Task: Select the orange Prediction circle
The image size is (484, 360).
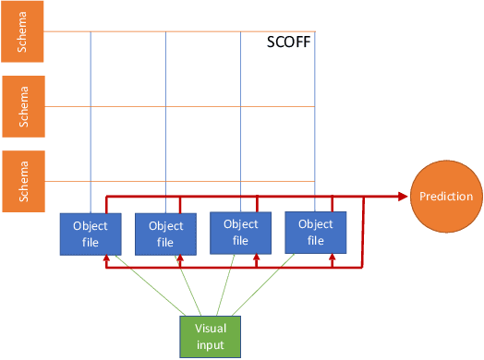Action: [446, 196]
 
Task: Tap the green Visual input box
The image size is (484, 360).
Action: [209, 336]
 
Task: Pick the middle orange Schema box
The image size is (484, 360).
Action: [21, 106]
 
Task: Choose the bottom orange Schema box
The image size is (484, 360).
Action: [21, 181]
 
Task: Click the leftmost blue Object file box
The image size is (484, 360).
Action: [91, 234]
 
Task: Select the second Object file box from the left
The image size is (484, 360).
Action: [165, 234]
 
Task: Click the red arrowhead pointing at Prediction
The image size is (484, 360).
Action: [403, 196]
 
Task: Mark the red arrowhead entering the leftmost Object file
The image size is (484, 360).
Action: [107, 260]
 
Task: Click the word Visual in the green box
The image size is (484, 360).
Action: [209, 329]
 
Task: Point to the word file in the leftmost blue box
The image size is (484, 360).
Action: [91, 242]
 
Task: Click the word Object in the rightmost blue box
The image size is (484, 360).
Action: [315, 223]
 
